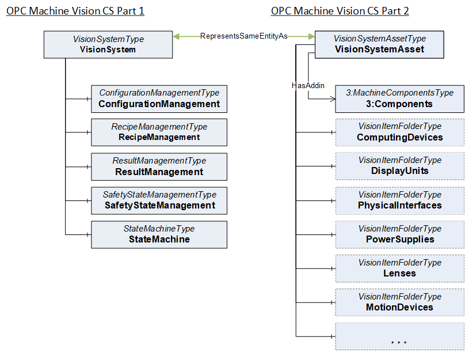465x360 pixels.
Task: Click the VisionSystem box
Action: click(x=108, y=44)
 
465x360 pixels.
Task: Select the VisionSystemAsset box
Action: click(x=379, y=44)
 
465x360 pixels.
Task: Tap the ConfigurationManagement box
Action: click(x=159, y=99)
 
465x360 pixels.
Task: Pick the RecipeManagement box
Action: click(x=159, y=132)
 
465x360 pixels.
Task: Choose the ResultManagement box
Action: click(x=159, y=167)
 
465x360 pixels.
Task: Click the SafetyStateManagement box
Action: click(x=159, y=200)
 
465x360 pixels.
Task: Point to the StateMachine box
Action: click(x=159, y=235)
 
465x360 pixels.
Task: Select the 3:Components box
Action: click(x=400, y=99)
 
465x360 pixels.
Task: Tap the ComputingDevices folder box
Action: click(x=400, y=132)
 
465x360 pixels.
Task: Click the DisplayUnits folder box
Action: click(x=400, y=166)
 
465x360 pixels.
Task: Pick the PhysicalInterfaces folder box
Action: click(x=400, y=200)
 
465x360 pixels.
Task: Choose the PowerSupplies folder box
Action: click(x=400, y=235)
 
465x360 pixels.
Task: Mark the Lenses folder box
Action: click(x=400, y=268)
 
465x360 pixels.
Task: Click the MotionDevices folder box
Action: click(x=400, y=302)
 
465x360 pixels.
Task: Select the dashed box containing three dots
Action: click(x=400, y=336)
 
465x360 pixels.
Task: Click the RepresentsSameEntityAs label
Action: click(x=244, y=36)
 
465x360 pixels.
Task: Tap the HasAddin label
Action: click(x=308, y=85)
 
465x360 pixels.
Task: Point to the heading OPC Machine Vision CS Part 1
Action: click(x=75, y=11)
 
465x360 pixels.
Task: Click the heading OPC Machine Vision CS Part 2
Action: click(x=340, y=11)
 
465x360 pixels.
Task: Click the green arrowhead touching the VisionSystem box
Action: click(x=176, y=36)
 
